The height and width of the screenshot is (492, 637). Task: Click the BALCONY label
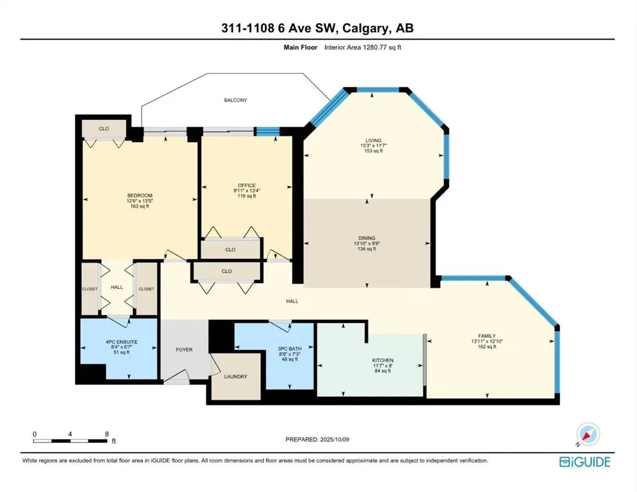[x=235, y=101]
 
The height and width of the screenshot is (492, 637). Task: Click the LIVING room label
[x=373, y=140]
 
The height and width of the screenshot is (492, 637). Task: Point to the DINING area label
[x=367, y=238]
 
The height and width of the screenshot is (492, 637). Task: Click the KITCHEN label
[x=383, y=361]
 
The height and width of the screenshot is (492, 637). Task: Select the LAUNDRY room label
[x=235, y=377]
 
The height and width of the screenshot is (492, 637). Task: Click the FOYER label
[x=184, y=350]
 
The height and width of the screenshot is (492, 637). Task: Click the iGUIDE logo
[x=584, y=462]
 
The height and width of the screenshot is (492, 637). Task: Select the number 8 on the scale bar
[x=106, y=434]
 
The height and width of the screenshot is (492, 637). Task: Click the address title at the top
[x=318, y=28]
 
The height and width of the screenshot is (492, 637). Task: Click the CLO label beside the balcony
[x=104, y=129]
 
